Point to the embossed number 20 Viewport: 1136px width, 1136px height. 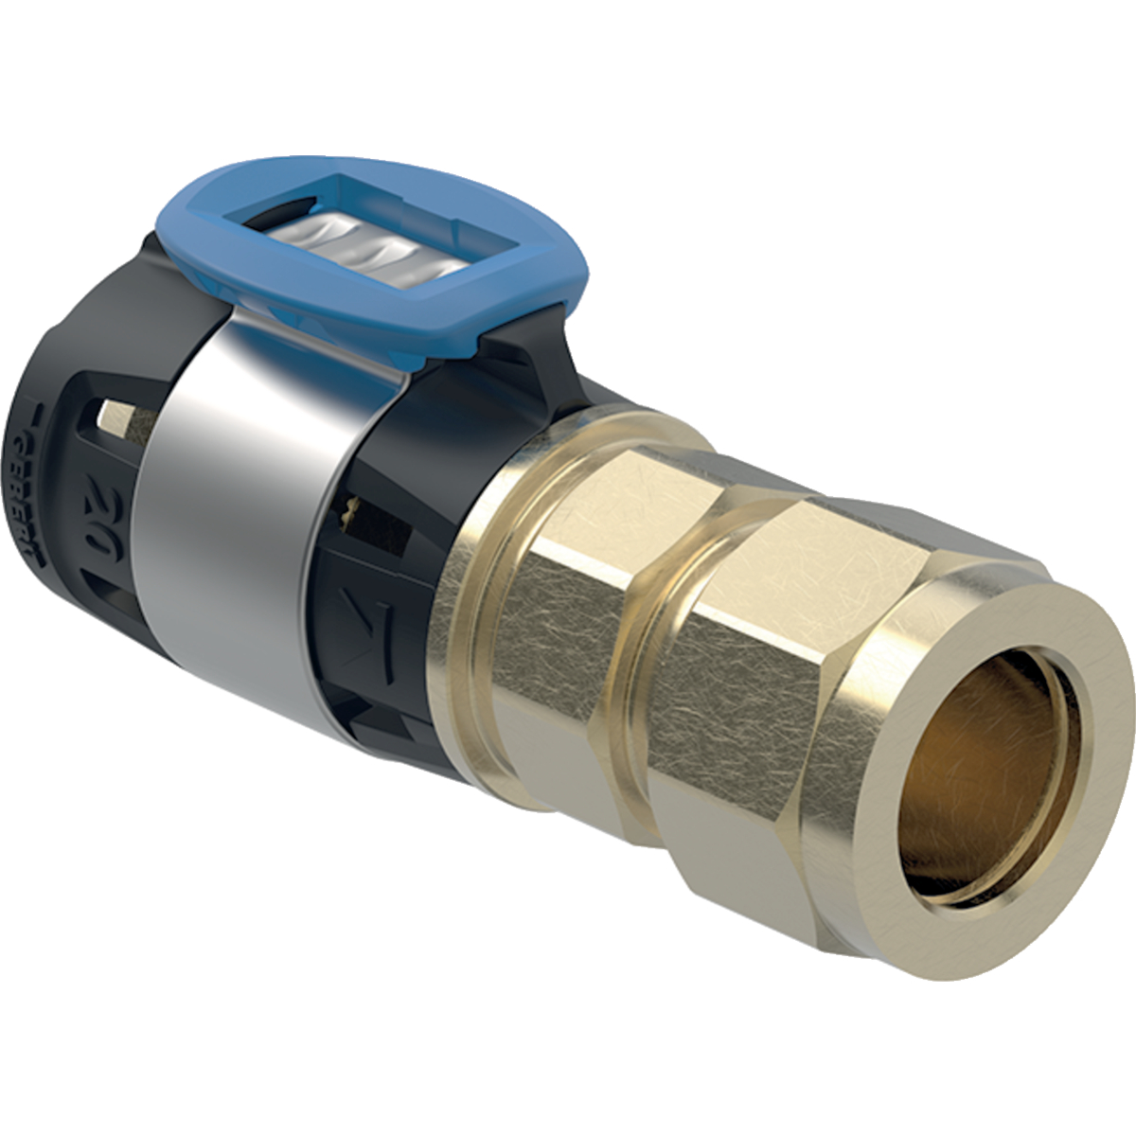pyautogui.click(x=97, y=507)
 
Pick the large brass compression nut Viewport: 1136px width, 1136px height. pyautogui.click(x=852, y=682)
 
